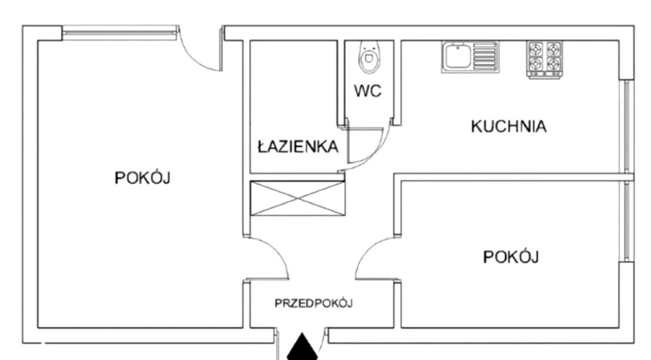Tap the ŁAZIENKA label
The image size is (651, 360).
297,146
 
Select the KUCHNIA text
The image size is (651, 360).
508,126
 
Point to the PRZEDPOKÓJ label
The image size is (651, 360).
313,303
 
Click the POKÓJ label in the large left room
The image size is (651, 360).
142,178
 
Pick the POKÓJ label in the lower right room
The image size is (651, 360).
511,257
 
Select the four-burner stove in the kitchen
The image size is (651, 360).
545,58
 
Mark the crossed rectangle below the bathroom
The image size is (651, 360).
297,199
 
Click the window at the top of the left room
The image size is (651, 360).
119,33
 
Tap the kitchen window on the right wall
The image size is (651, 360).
628,125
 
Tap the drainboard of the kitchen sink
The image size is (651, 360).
485,56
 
